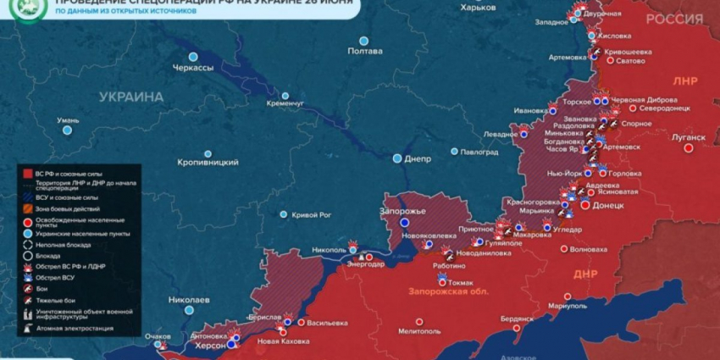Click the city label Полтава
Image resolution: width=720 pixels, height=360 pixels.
pos(365,52)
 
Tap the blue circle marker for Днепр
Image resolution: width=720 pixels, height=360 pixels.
pos(397,158)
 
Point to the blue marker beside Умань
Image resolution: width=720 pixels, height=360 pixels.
pos(67,130)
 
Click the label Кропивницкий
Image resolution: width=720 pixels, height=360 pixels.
pos(208,162)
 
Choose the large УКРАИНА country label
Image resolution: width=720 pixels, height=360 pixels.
pos(130,97)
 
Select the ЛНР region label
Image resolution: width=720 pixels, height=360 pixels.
pos(686,82)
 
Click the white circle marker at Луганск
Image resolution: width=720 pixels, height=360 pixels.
pos(689,147)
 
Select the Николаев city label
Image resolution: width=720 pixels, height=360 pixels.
pos(189,301)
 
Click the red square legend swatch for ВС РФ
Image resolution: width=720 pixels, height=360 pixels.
pos(28,173)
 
